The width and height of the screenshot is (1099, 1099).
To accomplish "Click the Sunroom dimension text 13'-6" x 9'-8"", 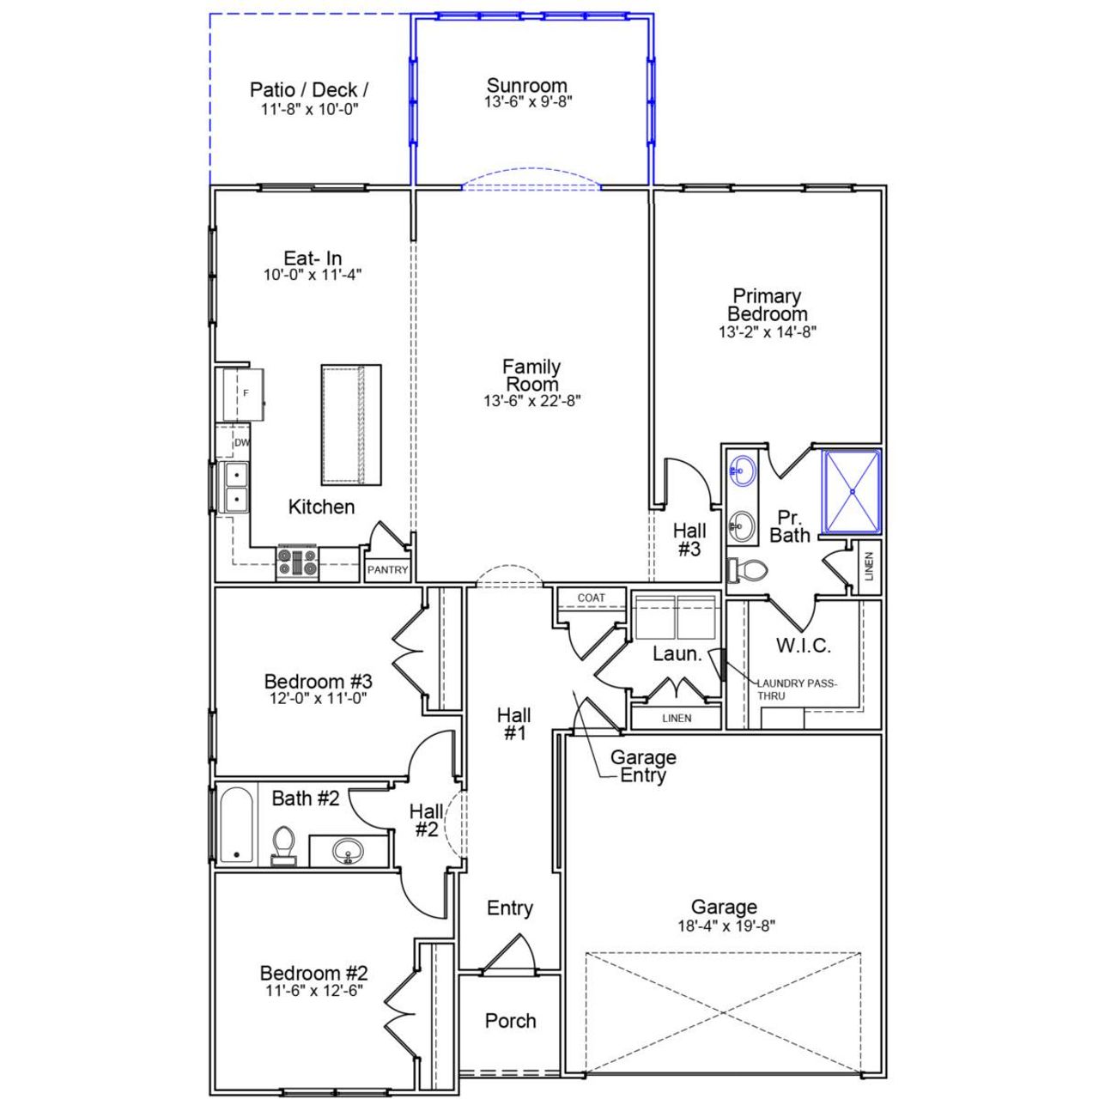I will click(527, 101).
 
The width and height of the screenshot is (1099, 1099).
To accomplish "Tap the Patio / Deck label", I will click(309, 90).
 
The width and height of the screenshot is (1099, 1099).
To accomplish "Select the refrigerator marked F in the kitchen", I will click(244, 394).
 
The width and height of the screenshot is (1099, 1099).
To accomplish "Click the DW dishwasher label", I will click(241, 443).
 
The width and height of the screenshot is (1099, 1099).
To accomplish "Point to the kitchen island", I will click(350, 425).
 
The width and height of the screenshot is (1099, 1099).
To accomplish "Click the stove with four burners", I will click(297, 563).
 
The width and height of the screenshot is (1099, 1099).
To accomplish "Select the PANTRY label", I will click(387, 570).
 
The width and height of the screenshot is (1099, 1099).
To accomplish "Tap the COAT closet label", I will click(591, 598).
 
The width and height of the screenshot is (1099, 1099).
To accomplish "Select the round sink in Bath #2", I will click(348, 851).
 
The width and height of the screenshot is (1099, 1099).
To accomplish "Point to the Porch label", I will click(510, 1021).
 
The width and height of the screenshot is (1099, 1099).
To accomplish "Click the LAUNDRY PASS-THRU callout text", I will click(795, 689).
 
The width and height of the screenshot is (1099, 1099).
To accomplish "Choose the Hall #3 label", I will click(689, 540).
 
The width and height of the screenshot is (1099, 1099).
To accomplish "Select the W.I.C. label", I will click(803, 646).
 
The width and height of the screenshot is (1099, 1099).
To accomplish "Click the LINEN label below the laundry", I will click(677, 718).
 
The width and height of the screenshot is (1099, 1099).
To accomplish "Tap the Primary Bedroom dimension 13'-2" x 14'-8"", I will click(767, 332).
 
